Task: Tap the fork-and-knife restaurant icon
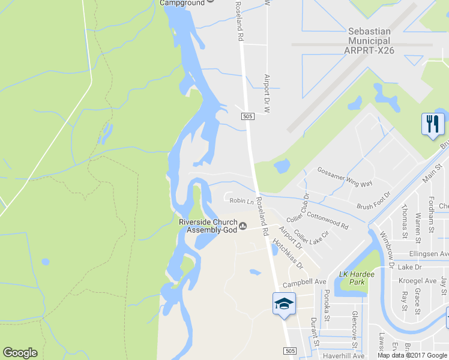[x=433, y=124]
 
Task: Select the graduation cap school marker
[x=283, y=304]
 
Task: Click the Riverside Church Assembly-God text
[x=208, y=226]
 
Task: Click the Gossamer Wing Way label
[x=345, y=176]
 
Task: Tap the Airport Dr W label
[x=268, y=94]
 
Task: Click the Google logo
[x=20, y=353]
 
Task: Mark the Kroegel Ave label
[x=418, y=280]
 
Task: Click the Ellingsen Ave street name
[x=429, y=254]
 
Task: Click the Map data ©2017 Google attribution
[x=412, y=355]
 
